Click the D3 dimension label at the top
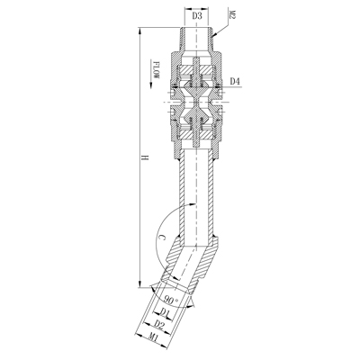click(197, 15)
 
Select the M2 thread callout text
click(232, 16)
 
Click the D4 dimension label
click(235, 83)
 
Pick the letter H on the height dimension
click(144, 159)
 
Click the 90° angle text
click(171, 297)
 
